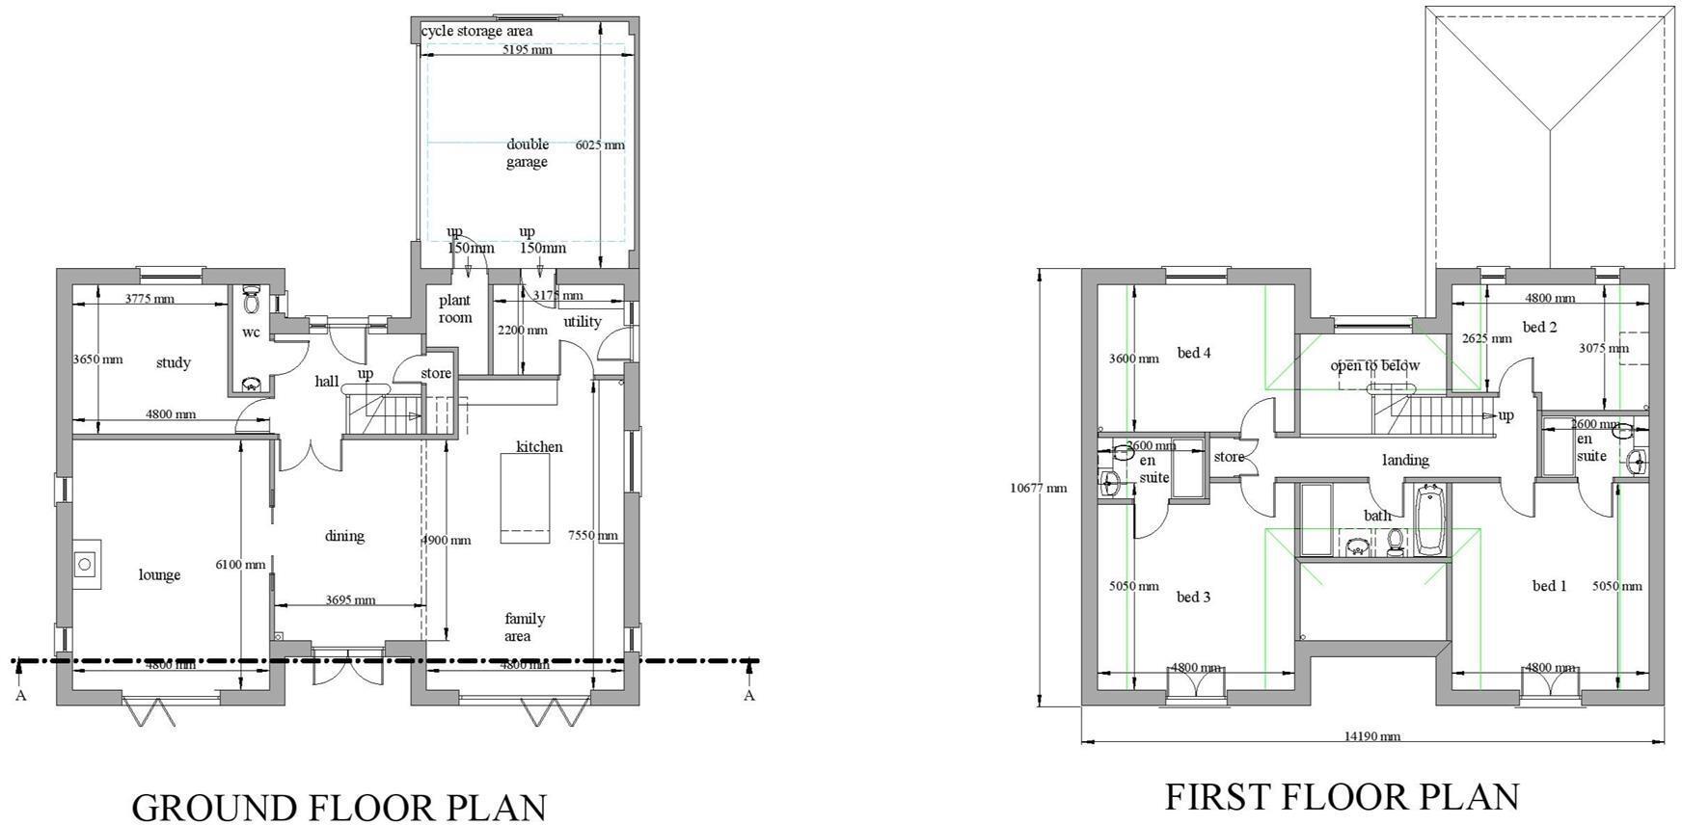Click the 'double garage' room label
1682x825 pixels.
click(527, 153)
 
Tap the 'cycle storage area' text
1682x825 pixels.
click(476, 31)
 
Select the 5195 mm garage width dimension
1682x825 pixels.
click(527, 49)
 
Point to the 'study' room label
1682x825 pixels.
click(174, 363)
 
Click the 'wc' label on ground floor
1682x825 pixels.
click(251, 333)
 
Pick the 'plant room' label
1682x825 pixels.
click(455, 308)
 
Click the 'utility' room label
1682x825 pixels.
click(583, 322)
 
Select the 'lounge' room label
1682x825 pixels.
click(159, 575)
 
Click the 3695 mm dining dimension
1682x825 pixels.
click(350, 600)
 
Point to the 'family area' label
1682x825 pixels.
click(524, 627)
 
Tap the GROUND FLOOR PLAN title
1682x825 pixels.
click(339, 807)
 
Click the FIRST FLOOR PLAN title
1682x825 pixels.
click(1342, 797)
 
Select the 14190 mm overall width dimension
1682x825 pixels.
click(1371, 736)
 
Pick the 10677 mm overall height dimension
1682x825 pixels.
click(1038, 488)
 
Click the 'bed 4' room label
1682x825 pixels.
click(1194, 353)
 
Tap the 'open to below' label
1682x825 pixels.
click(1374, 365)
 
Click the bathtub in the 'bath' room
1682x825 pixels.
click(1431, 521)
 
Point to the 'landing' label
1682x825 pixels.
click(1405, 461)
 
